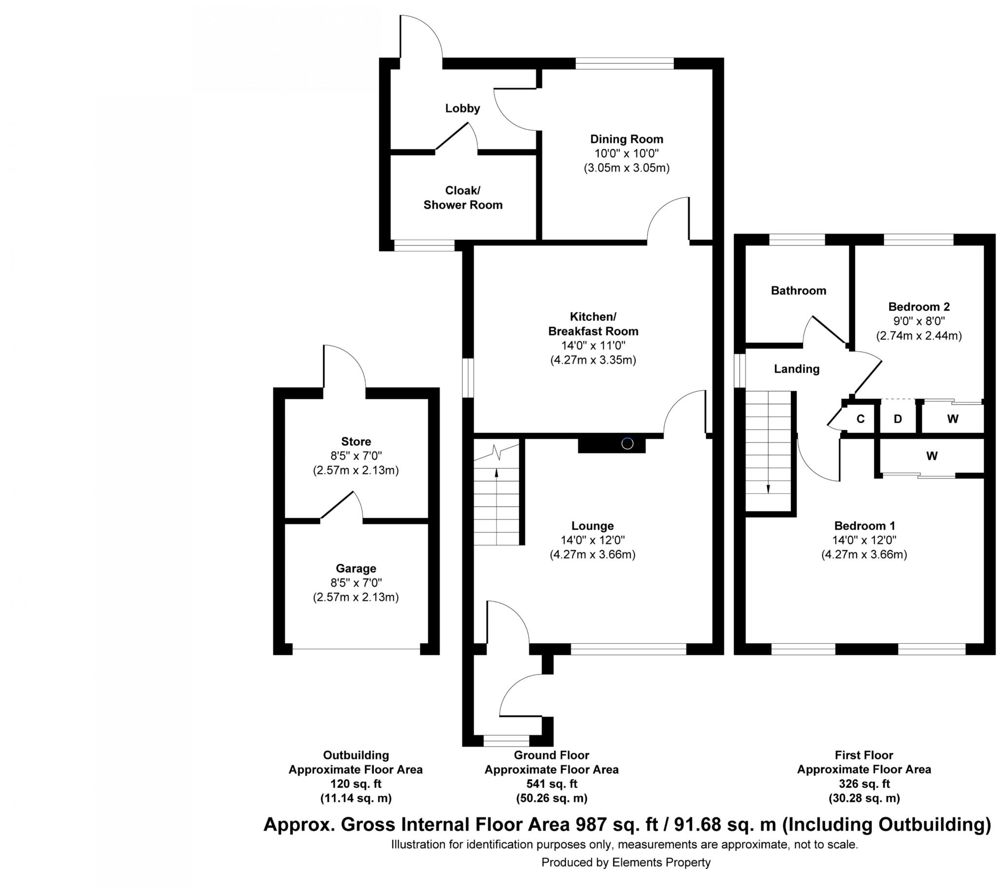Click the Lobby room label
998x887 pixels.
462,108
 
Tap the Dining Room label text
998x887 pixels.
627,139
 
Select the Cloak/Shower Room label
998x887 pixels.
462,198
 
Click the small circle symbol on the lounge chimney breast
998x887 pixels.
627,443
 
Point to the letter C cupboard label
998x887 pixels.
860,419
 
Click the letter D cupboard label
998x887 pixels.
898,419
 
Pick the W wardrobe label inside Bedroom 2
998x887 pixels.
952,419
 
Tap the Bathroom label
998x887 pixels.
798,291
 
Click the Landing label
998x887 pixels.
796,369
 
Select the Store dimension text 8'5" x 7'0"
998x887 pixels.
356,456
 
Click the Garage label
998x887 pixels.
356,569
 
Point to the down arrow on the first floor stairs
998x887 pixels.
768,488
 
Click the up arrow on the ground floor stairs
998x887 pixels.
497,472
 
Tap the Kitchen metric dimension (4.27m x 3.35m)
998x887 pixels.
593,361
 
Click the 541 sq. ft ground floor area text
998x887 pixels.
551,784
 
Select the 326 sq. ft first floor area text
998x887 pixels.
864,784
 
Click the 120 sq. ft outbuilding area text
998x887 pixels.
355,784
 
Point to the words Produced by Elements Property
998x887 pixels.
626,863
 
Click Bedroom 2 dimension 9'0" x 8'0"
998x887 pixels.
919,321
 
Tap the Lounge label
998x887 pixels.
592,526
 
